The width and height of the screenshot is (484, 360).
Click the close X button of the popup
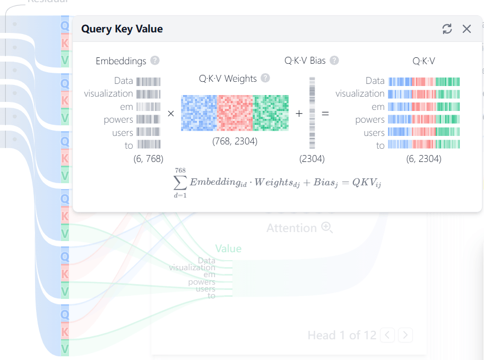[x=466, y=29]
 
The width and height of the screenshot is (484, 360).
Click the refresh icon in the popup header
[x=447, y=29]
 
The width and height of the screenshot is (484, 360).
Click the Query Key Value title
[x=122, y=29]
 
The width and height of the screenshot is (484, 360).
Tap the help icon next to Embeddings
[x=155, y=61]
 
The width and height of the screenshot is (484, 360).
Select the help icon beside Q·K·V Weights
[x=265, y=78]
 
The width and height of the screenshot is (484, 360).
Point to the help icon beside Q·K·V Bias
[x=334, y=61]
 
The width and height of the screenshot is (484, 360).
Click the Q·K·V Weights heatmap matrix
[x=235, y=113]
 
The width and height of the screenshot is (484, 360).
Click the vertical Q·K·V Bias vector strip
[x=312, y=113]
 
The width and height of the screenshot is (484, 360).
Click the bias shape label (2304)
[x=312, y=158]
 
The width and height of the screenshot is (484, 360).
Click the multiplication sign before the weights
[x=171, y=114]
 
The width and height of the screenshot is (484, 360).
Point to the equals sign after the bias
[x=325, y=114]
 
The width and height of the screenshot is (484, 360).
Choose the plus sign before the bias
[x=299, y=114]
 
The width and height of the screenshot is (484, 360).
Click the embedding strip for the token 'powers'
[x=148, y=119]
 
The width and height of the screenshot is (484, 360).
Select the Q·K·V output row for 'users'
[x=424, y=132]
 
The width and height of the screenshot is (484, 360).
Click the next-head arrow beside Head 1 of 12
[x=406, y=335]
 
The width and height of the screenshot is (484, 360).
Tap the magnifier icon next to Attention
[x=327, y=228]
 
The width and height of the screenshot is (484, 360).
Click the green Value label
[x=228, y=248]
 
